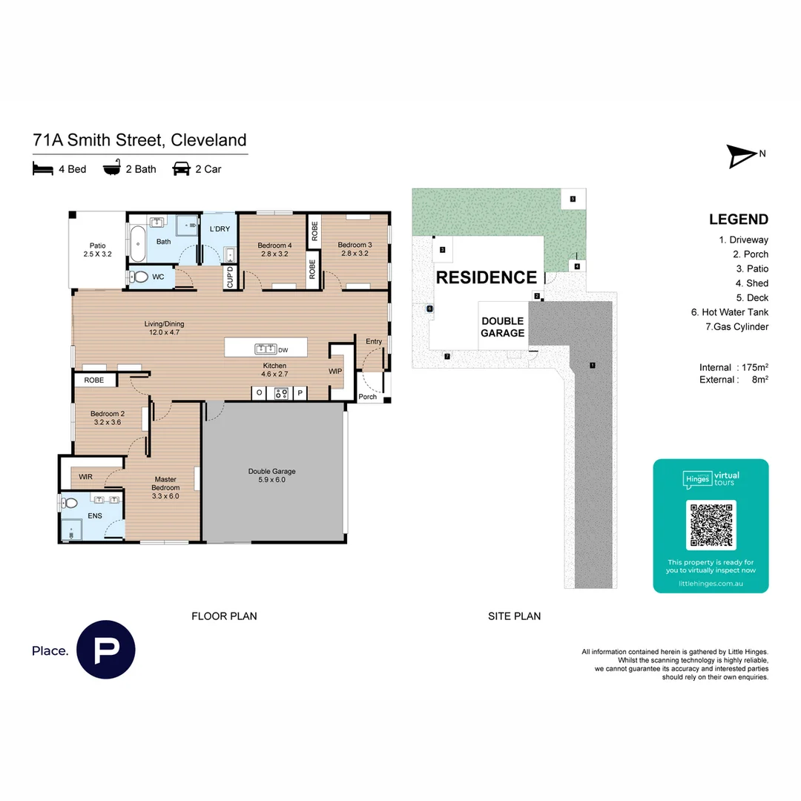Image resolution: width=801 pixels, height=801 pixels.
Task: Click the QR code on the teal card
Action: [711, 524]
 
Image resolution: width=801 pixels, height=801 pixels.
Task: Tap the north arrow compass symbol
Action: [741, 156]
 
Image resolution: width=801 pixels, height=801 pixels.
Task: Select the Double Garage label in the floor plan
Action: [271, 475]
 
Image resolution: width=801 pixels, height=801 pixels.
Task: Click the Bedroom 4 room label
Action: [274, 249]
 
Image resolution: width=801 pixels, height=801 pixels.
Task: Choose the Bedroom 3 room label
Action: [354, 249]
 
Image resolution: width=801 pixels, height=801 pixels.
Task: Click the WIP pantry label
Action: [335, 370]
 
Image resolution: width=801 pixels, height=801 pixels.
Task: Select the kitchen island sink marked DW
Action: [266, 349]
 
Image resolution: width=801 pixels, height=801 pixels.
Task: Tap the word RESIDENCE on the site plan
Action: [486, 277]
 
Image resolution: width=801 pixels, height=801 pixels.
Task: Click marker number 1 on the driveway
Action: [592, 365]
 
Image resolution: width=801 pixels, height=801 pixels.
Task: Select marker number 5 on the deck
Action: [573, 199]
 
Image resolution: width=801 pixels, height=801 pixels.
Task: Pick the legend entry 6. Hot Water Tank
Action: [729, 312]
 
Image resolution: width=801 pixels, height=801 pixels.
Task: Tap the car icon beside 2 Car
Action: [181, 169]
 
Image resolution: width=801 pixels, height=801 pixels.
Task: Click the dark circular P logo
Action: [106, 650]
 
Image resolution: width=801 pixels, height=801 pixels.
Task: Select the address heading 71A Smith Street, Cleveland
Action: [139, 140]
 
